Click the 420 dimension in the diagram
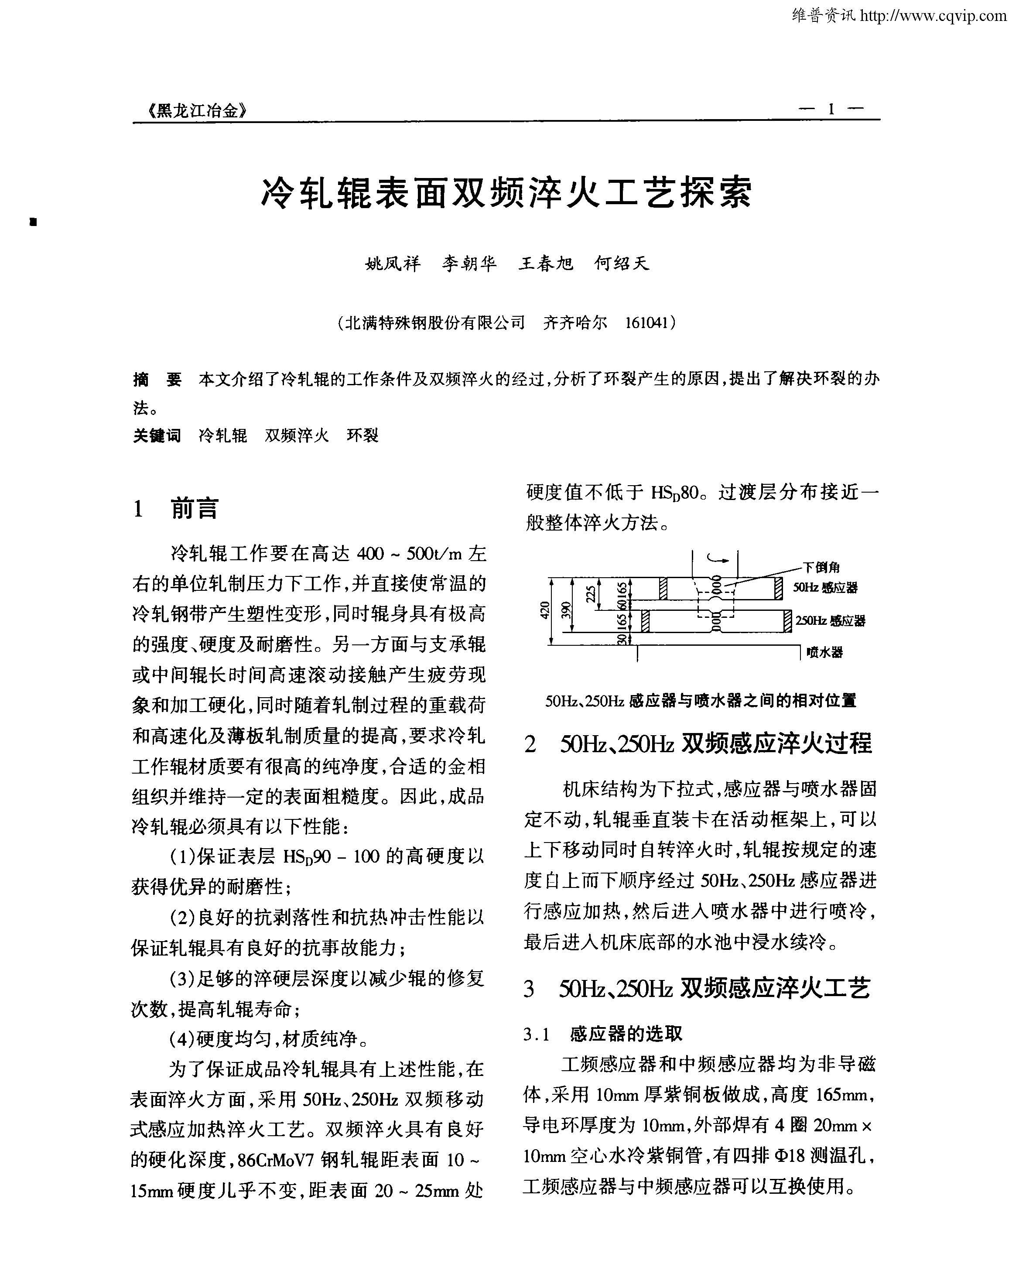tap(544, 611)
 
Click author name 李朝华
tap(469, 264)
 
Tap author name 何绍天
tap(621, 264)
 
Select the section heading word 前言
tap(195, 508)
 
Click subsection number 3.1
tap(536, 1035)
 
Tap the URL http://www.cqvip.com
tap(933, 16)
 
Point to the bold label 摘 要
tap(157, 380)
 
